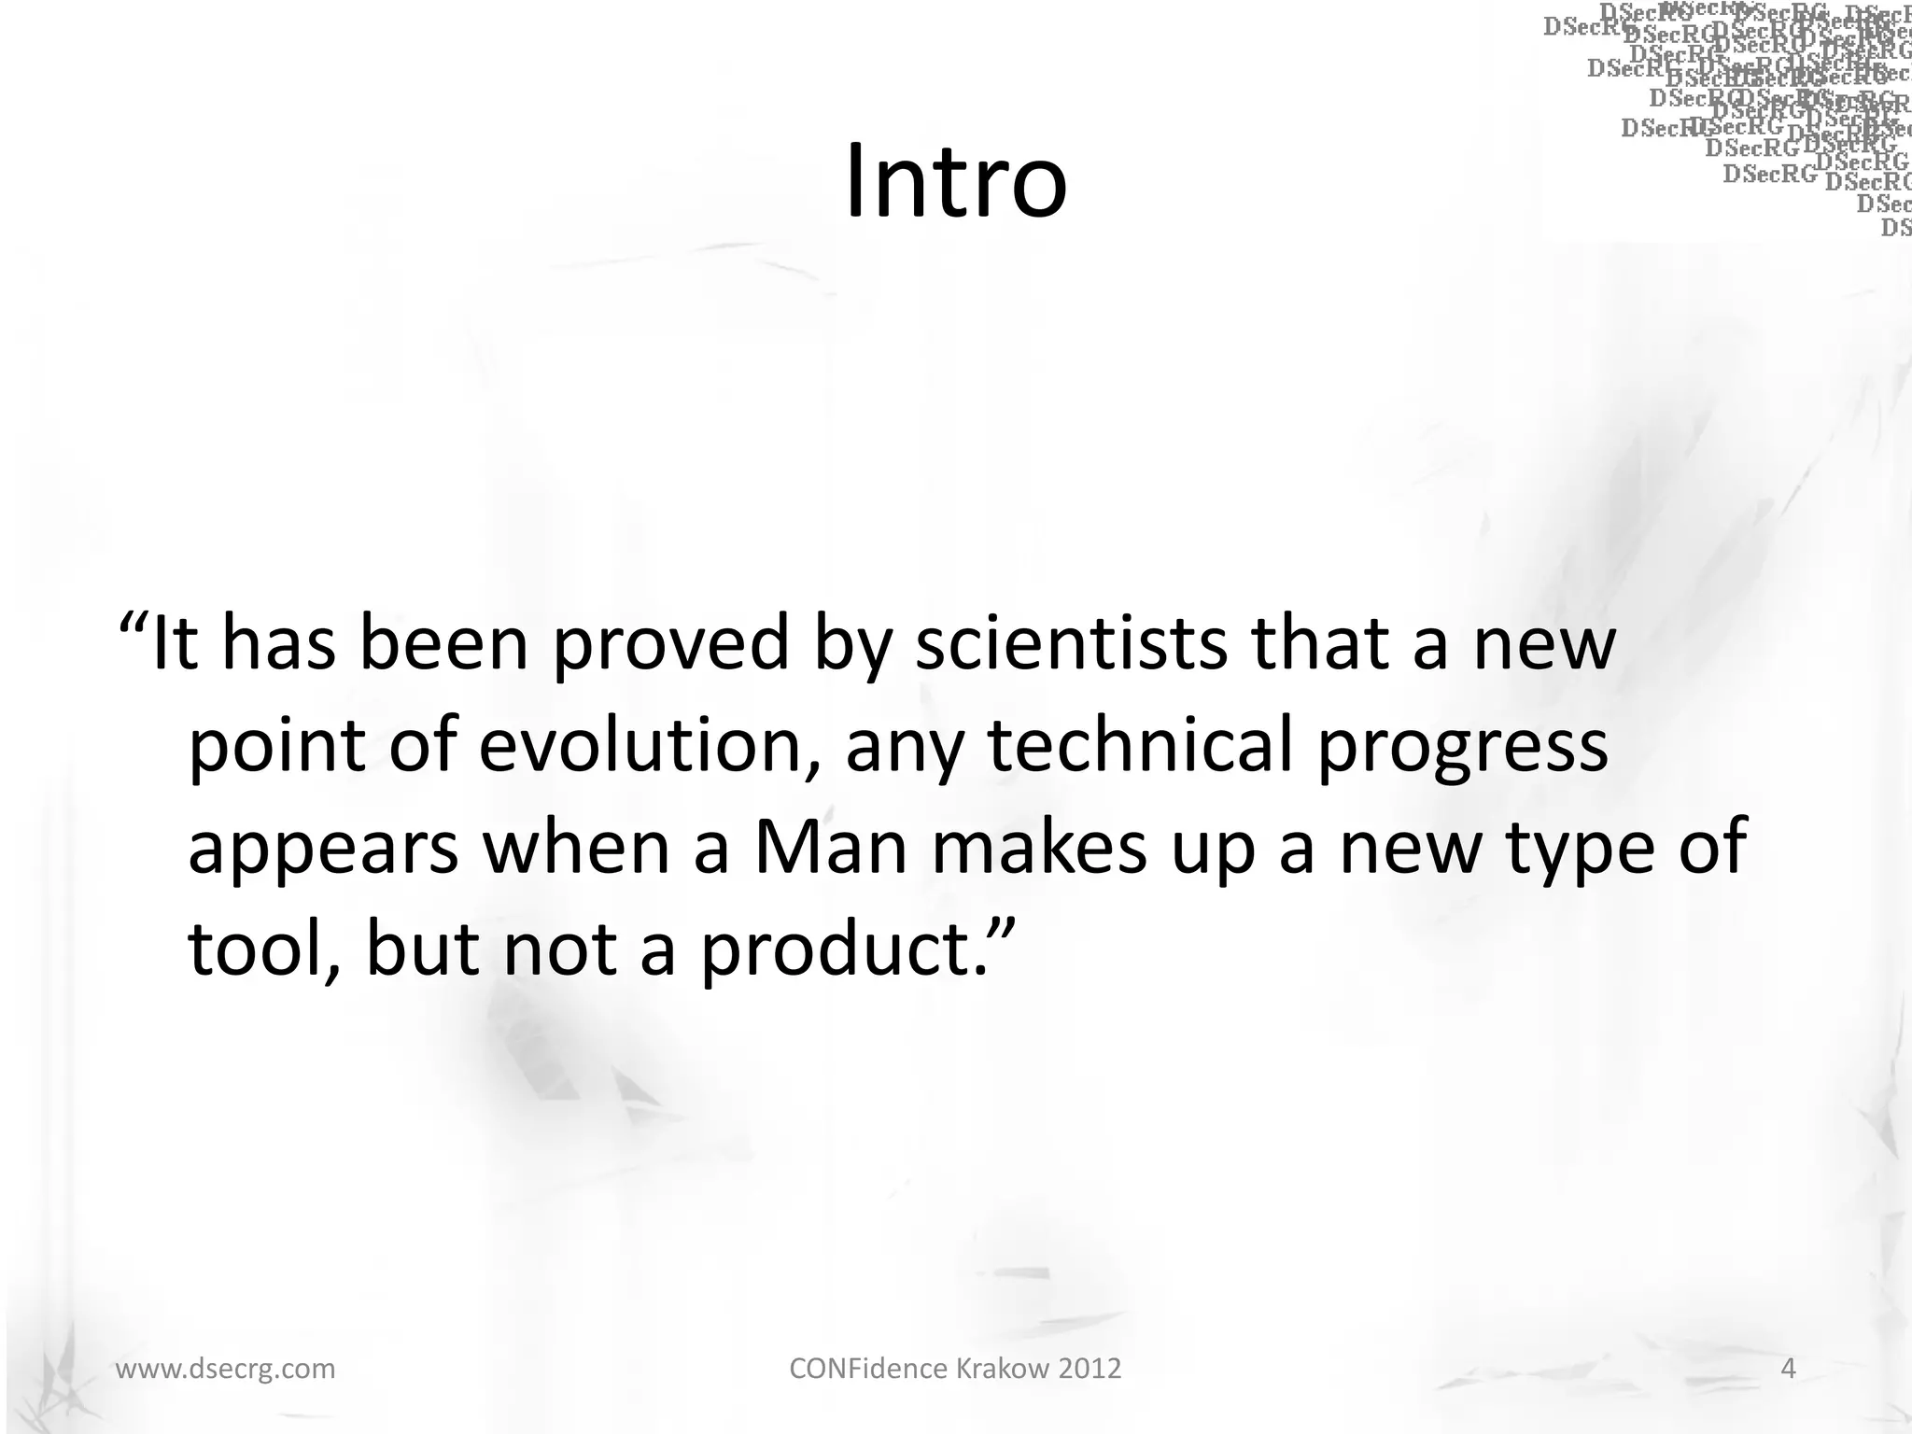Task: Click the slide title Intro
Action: point(955,181)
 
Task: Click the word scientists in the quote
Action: point(1071,644)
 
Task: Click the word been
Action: point(444,644)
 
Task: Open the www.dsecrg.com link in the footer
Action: point(225,1369)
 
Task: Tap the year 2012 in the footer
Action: point(1090,1369)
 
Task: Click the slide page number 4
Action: point(1789,1369)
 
